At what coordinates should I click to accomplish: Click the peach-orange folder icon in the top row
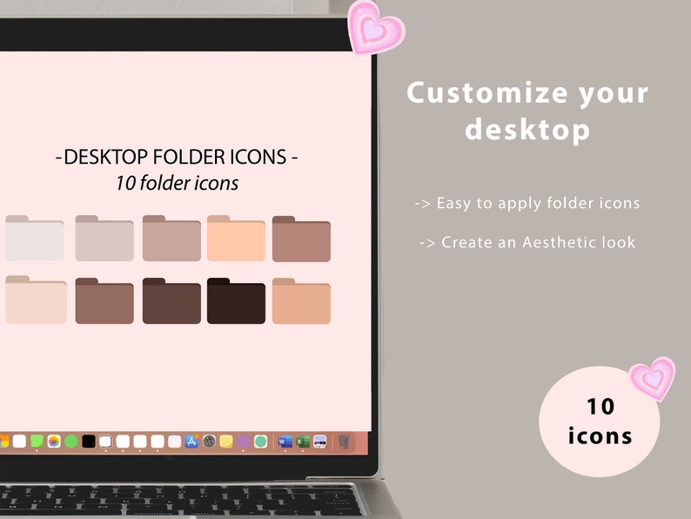pyautogui.click(x=236, y=239)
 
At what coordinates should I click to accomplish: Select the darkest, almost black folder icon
pyautogui.click(x=236, y=302)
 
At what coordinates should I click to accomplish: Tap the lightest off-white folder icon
pyautogui.click(x=35, y=239)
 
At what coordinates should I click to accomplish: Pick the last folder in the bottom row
pyautogui.click(x=301, y=302)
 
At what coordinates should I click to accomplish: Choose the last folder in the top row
pyautogui.click(x=301, y=239)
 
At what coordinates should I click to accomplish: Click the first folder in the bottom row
pyautogui.click(x=36, y=301)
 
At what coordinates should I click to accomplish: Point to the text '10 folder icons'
pyautogui.click(x=177, y=184)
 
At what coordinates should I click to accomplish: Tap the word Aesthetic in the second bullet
pyautogui.click(x=555, y=242)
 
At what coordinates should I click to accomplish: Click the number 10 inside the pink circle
pyautogui.click(x=600, y=406)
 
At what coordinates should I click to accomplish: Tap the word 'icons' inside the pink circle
pyautogui.click(x=600, y=435)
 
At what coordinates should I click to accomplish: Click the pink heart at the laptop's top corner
pyautogui.click(x=375, y=28)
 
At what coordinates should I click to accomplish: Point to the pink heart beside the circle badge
pyautogui.click(x=653, y=379)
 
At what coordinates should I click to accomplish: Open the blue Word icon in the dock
pyautogui.click(x=283, y=441)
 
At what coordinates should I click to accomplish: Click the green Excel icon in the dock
pyautogui.click(x=301, y=441)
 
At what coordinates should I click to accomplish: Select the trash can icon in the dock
pyautogui.click(x=344, y=441)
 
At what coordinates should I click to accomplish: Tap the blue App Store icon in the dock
pyautogui.click(x=191, y=441)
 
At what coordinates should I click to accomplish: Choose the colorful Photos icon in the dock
pyautogui.click(x=53, y=441)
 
